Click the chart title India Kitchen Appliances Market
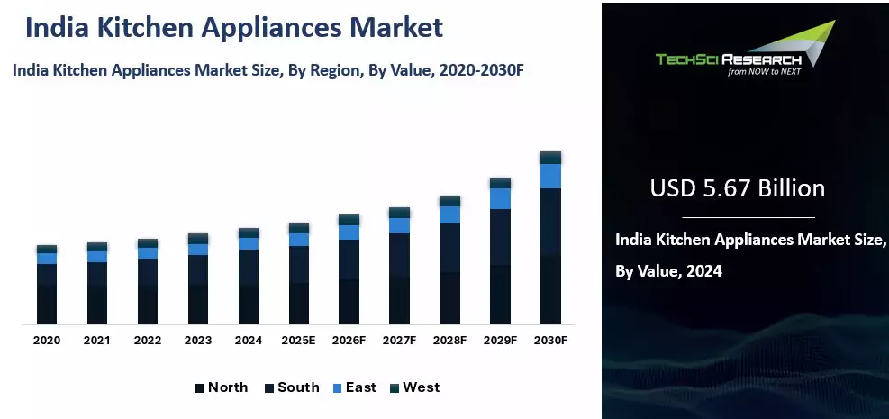(234, 27)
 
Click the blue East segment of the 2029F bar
(500, 198)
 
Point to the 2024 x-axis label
(248, 341)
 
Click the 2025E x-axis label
(299, 341)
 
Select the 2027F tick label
(400, 341)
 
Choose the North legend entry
(221, 387)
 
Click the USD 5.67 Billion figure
(737, 188)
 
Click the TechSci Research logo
(744, 54)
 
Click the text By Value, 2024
(668, 270)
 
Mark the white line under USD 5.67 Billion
(748, 217)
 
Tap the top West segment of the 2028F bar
(449, 201)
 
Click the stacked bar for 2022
(148, 284)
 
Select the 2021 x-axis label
(97, 341)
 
